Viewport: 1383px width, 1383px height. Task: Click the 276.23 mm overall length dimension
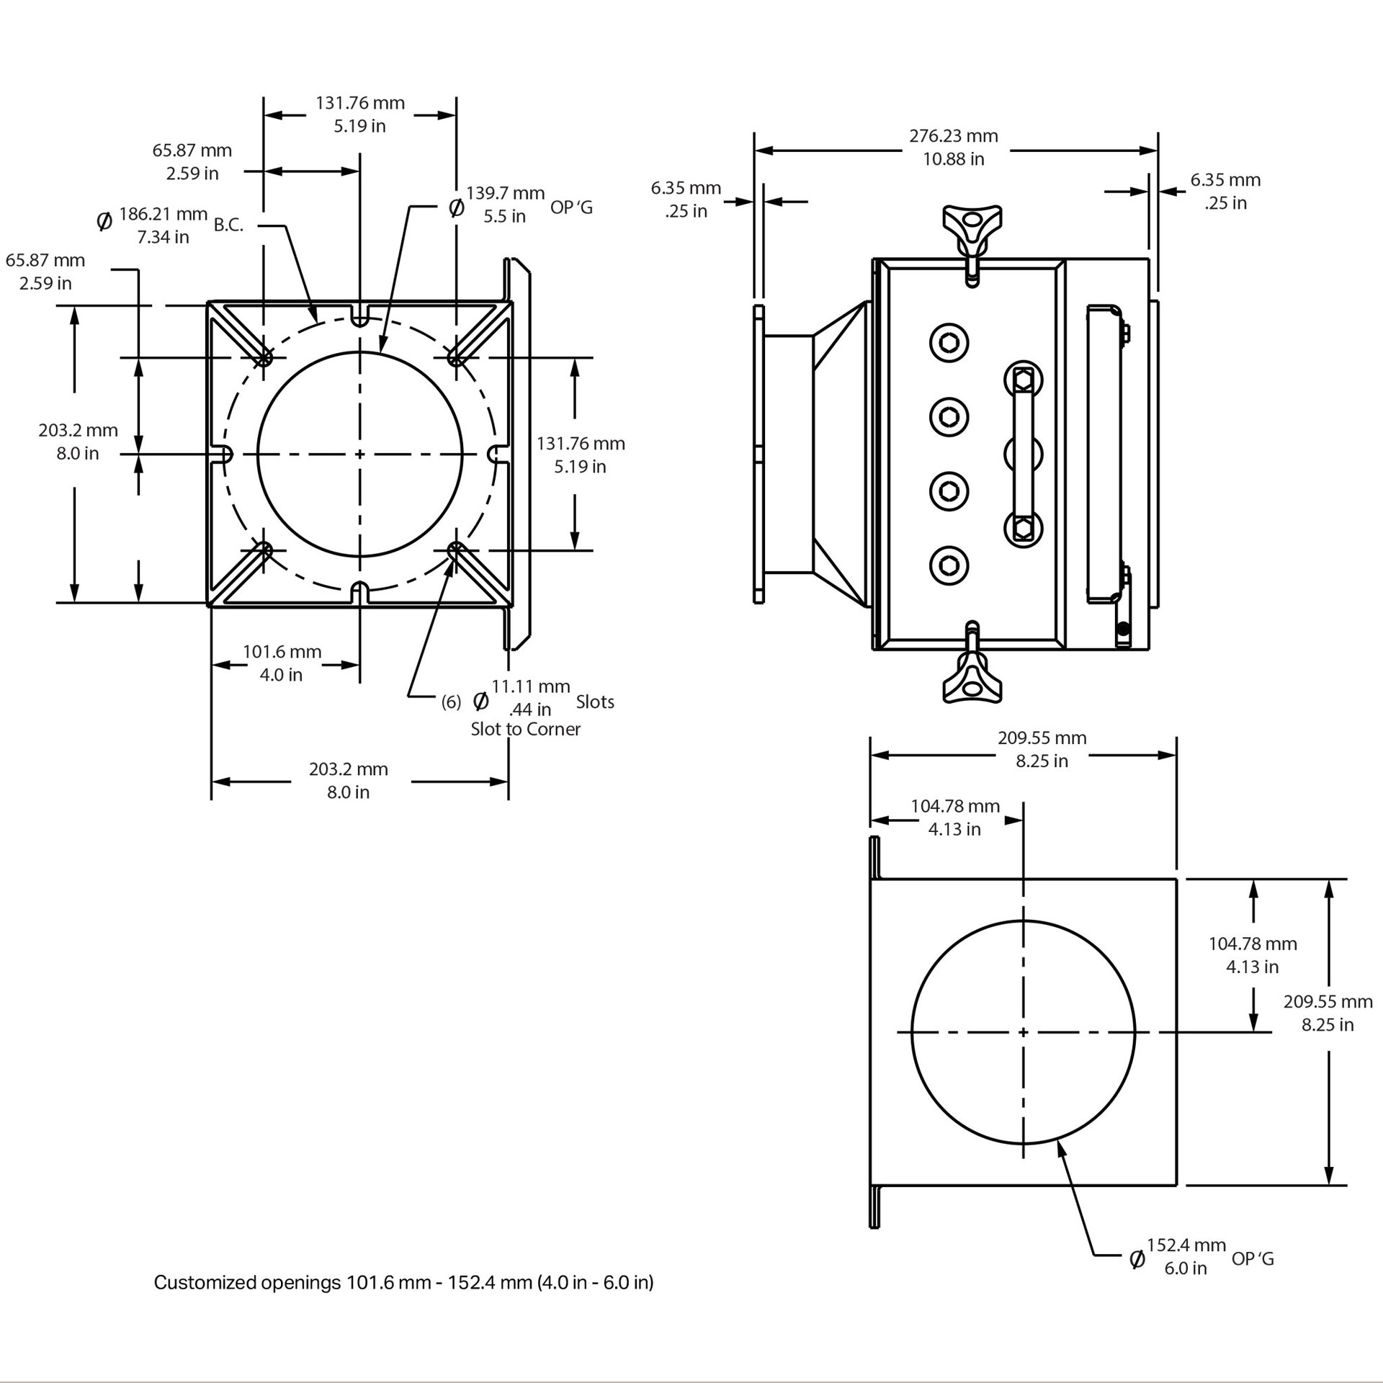953,147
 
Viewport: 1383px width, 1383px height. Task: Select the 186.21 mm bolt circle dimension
164,225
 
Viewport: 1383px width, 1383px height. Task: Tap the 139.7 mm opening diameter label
505,205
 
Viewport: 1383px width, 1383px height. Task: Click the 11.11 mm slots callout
531,698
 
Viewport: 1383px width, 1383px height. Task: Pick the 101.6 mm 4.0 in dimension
282,663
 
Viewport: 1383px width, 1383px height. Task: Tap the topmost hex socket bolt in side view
949,342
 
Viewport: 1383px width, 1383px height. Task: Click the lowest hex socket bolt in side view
949,565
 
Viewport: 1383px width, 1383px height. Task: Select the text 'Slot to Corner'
525,729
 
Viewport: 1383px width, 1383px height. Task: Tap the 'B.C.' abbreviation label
228,225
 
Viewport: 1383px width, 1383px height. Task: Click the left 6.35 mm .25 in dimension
686,200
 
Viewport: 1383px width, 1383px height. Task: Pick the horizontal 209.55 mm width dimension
1042,749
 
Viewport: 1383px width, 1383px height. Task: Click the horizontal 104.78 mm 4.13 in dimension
954,818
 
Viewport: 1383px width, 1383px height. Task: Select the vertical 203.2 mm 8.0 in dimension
78,442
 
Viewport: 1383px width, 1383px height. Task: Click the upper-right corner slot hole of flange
455,356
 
